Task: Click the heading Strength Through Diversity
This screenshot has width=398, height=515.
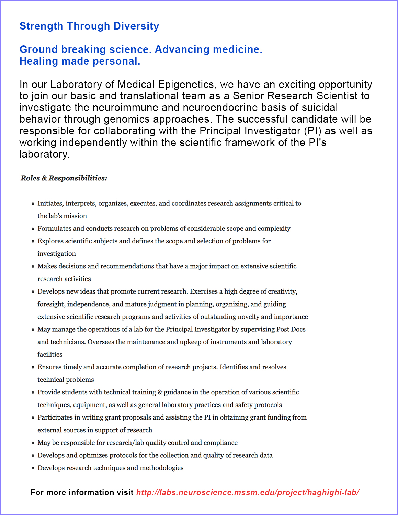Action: (89, 26)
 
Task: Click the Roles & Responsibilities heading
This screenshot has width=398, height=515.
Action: (64, 178)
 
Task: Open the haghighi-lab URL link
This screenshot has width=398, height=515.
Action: (248, 492)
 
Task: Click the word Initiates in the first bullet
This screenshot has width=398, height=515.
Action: (50, 203)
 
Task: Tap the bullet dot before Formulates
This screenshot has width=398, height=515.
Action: (33, 229)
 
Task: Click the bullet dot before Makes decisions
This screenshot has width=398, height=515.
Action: (33, 266)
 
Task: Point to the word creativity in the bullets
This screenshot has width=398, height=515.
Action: (282, 291)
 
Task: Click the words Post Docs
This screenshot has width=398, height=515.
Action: (291, 329)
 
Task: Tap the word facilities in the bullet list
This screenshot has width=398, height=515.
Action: (50, 354)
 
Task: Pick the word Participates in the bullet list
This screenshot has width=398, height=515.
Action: (56, 417)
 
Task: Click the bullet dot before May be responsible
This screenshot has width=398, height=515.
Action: (33, 443)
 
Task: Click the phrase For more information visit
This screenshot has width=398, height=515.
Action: (82, 492)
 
